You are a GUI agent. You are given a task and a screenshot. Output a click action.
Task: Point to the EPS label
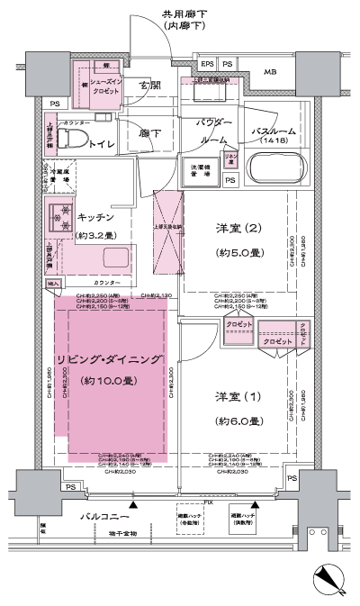click(206, 64)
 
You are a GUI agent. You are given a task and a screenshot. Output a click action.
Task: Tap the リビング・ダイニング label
click(114, 359)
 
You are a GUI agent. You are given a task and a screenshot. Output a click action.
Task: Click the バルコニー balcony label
click(105, 516)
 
